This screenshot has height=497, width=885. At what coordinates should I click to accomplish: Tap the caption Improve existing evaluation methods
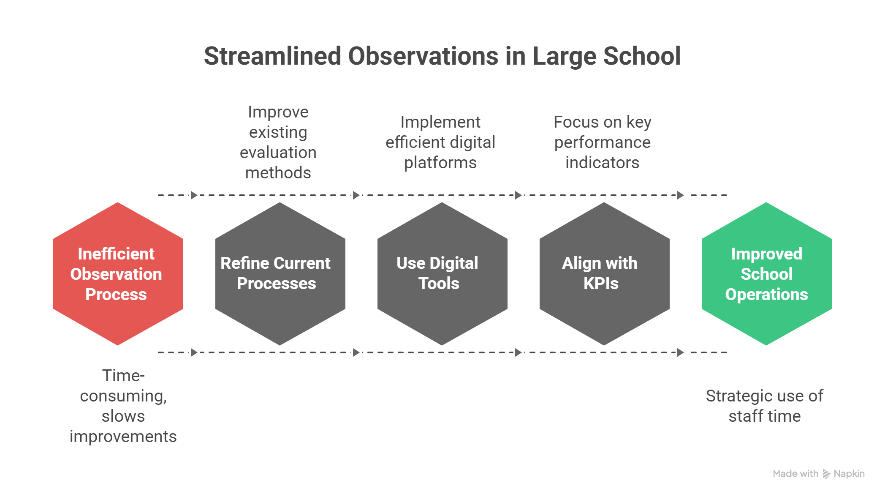[278, 142]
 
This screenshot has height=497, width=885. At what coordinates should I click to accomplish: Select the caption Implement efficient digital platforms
[440, 142]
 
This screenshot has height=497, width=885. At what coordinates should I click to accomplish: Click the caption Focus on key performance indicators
[603, 142]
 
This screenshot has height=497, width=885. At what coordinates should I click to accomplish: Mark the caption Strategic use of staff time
[765, 406]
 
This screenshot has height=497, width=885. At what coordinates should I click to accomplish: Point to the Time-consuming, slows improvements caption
[123, 406]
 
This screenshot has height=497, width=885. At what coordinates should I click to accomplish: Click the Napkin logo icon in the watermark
[826, 474]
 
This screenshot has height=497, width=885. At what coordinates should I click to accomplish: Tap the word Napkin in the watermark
[849, 474]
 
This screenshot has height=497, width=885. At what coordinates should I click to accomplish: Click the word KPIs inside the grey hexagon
[601, 284]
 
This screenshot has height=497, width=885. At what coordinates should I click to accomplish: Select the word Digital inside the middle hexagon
[454, 263]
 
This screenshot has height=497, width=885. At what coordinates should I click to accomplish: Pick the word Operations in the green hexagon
[766, 295]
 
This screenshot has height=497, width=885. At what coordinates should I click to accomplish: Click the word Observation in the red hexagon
[116, 274]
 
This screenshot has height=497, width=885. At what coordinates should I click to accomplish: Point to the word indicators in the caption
[603, 163]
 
